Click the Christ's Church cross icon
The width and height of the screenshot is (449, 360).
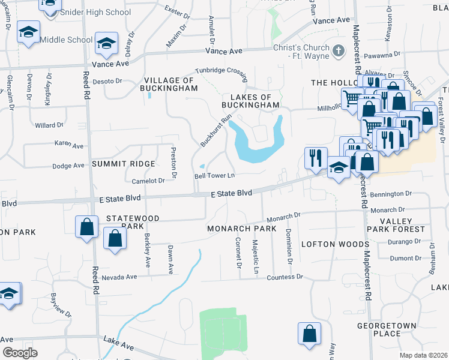pos(339,51)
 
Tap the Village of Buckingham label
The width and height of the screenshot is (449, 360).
pos(170,84)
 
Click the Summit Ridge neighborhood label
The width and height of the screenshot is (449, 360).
pos(124,164)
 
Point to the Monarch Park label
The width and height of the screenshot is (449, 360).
pos(241,229)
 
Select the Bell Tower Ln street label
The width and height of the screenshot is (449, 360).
pos(214,176)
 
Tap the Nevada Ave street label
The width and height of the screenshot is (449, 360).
pos(119,277)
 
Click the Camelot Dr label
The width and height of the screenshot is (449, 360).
pos(148,181)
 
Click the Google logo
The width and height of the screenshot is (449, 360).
pos(20,352)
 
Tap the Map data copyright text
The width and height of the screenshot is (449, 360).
pos(423,355)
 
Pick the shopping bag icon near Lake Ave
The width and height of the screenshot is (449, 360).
pos(309,334)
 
